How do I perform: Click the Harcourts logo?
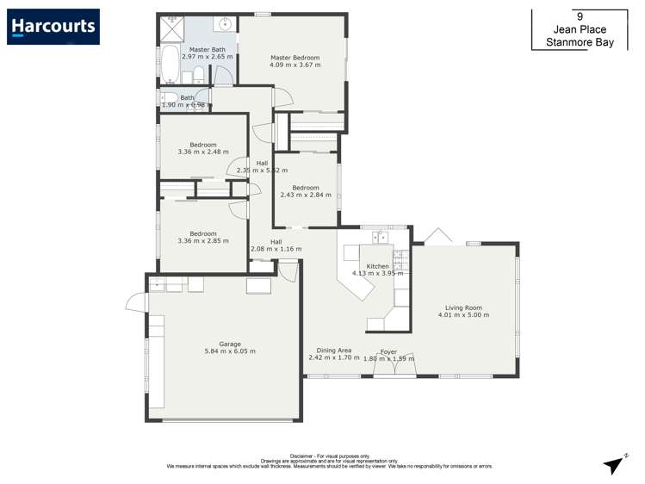(53, 27)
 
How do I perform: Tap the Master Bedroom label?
(295, 59)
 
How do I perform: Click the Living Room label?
(463, 307)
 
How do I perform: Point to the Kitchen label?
(378, 267)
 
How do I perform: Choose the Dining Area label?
(334, 351)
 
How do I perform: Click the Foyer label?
(388, 351)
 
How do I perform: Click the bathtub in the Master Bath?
(170, 64)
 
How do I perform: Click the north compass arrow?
(615, 464)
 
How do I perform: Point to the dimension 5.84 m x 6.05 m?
(229, 351)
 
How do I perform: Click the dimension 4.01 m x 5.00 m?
(463, 315)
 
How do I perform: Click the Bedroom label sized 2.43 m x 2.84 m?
(306, 188)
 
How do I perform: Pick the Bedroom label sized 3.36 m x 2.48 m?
(203, 145)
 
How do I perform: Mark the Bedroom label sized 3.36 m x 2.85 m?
(203, 233)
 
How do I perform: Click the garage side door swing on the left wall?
(134, 302)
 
